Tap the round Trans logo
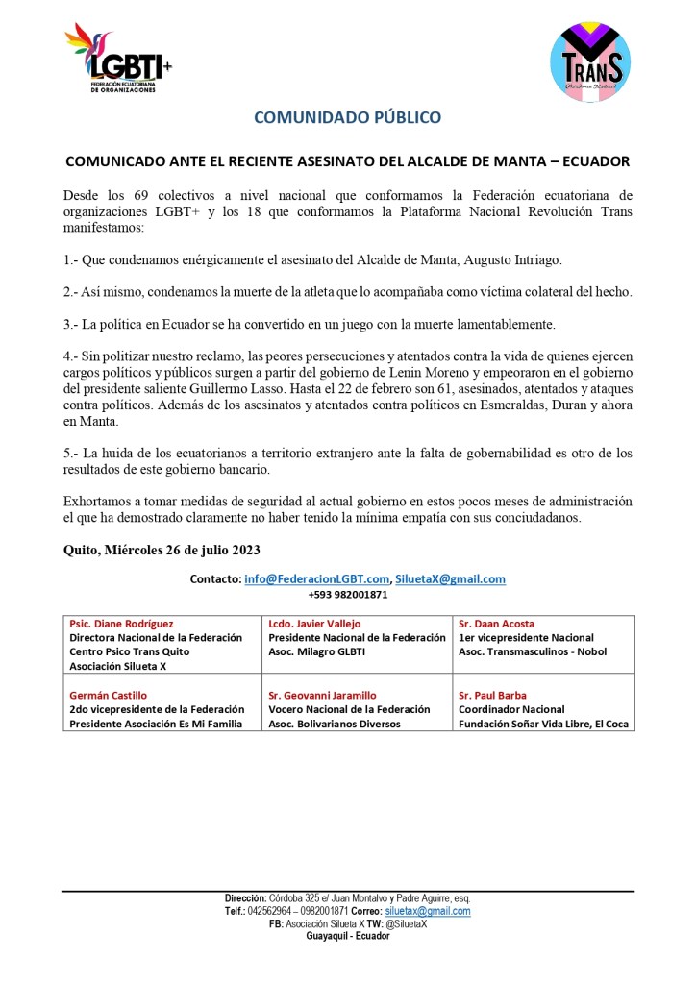point(590,62)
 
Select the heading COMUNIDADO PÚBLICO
point(347,117)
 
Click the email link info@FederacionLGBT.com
point(316,579)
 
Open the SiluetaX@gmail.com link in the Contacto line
point(450,579)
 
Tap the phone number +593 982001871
point(347,595)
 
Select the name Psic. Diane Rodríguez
point(122,624)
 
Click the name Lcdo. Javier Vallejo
point(314,624)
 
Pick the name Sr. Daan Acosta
point(496,624)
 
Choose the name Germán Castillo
point(109,695)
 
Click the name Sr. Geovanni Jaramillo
point(322,695)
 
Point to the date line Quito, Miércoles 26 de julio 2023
point(161,550)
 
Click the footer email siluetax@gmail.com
point(427,911)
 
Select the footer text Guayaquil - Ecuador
point(347,936)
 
